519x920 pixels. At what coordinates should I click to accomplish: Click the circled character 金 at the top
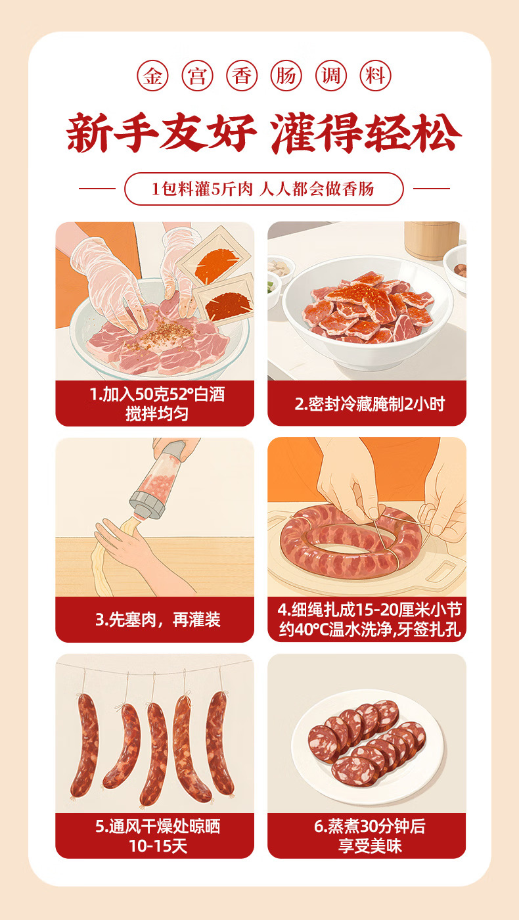click(x=152, y=76)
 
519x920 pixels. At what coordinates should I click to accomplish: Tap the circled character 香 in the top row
click(x=242, y=76)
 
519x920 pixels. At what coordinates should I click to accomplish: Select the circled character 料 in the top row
click(x=375, y=76)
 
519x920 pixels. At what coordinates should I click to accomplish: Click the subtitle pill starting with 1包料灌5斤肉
click(x=263, y=189)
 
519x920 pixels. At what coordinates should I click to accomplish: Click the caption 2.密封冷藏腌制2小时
click(x=369, y=405)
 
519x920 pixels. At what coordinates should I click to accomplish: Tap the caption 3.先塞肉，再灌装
click(x=158, y=620)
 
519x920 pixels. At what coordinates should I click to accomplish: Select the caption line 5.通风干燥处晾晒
click(x=158, y=827)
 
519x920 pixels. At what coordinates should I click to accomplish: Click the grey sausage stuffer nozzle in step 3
click(x=147, y=505)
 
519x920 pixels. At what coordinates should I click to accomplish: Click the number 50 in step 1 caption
click(x=143, y=395)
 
